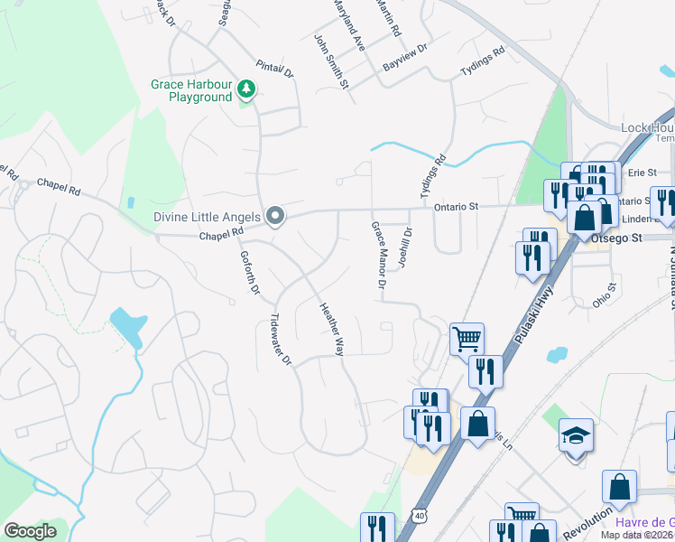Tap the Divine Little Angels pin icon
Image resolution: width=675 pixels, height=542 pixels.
click(x=276, y=216)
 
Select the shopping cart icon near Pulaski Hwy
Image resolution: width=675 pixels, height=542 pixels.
click(x=467, y=340)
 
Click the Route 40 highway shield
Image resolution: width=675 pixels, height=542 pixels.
click(x=419, y=515)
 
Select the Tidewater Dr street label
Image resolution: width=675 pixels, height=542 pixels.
click(x=282, y=340)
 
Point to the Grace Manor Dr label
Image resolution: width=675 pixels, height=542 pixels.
click(x=379, y=257)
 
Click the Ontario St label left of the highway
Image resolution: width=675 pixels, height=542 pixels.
click(x=456, y=207)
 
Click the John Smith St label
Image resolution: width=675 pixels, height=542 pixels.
click(x=331, y=61)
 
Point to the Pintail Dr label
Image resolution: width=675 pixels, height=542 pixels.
click(x=274, y=69)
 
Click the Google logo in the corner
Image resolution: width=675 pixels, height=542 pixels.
click(x=30, y=531)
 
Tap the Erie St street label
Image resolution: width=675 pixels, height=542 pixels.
click(x=642, y=172)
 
